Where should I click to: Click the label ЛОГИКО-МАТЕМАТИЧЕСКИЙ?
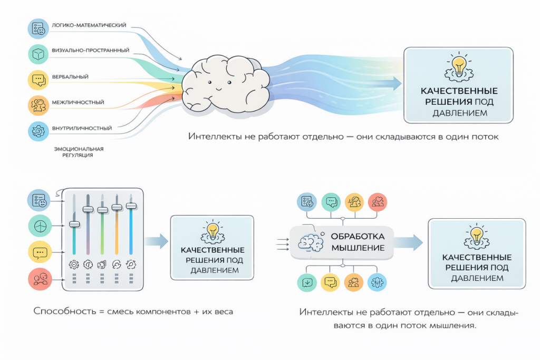tap(89, 25)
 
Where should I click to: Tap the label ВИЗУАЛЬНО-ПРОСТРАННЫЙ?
tap(91, 50)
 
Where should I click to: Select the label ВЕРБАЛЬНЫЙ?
tap(70, 77)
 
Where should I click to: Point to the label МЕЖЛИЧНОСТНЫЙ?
tap(78, 102)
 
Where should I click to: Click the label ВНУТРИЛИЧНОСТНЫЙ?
tap(82, 128)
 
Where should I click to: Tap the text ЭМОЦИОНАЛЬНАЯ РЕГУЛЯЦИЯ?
tap(79, 152)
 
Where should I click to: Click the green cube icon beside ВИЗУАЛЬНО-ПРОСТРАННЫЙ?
tap(38, 54)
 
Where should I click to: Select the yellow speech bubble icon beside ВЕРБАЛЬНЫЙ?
tap(38, 80)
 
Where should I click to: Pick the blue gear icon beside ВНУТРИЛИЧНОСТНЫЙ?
tap(38, 131)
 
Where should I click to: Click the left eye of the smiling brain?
tap(210, 83)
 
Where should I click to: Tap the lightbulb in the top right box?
tap(459, 66)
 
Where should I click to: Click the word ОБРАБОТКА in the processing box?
tap(358, 237)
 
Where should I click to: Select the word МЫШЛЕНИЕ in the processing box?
tap(358, 248)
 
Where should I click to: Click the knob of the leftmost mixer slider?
tap(74, 224)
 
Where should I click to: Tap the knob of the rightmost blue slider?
tap(131, 206)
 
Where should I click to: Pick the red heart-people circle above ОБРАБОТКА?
tap(378, 202)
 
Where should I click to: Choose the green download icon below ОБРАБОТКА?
tap(307, 283)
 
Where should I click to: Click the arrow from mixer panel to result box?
tap(156, 241)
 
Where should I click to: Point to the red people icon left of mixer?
tap(40, 279)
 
